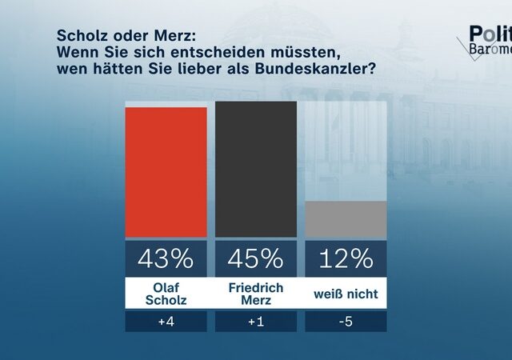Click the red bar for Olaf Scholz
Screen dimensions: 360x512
166,172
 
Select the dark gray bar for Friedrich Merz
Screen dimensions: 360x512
256,170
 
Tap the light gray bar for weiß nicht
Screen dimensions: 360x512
346,219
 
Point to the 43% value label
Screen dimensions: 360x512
166,258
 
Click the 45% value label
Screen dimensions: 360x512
256,258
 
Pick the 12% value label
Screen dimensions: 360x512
346,258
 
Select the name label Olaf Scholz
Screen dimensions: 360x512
166,294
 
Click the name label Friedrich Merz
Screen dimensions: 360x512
256,294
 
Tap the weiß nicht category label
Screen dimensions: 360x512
346,294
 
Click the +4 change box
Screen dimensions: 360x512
166,322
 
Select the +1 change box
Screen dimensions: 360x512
256,322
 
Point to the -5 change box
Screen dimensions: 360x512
346,322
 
